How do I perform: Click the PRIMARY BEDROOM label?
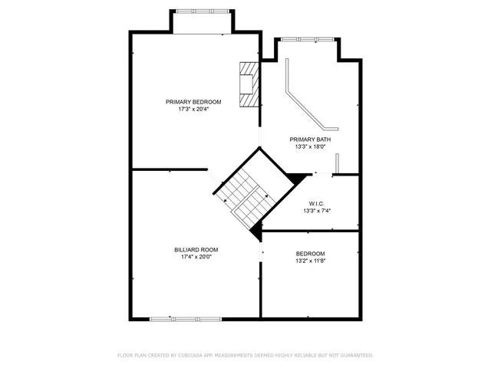pyautogui.click(x=194, y=102)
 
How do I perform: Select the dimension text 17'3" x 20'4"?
pyautogui.click(x=194, y=110)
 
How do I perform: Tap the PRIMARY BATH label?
pyautogui.click(x=311, y=139)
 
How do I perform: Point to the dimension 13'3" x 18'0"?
pyautogui.click(x=311, y=146)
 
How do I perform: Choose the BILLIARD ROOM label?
pyautogui.click(x=196, y=249)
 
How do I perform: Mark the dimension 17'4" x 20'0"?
pyautogui.click(x=196, y=257)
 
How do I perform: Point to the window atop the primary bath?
pyautogui.click(x=306, y=38)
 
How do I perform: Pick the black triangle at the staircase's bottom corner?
pyautogui.click(x=256, y=228)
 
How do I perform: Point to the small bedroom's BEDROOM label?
pyautogui.click(x=311, y=254)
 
